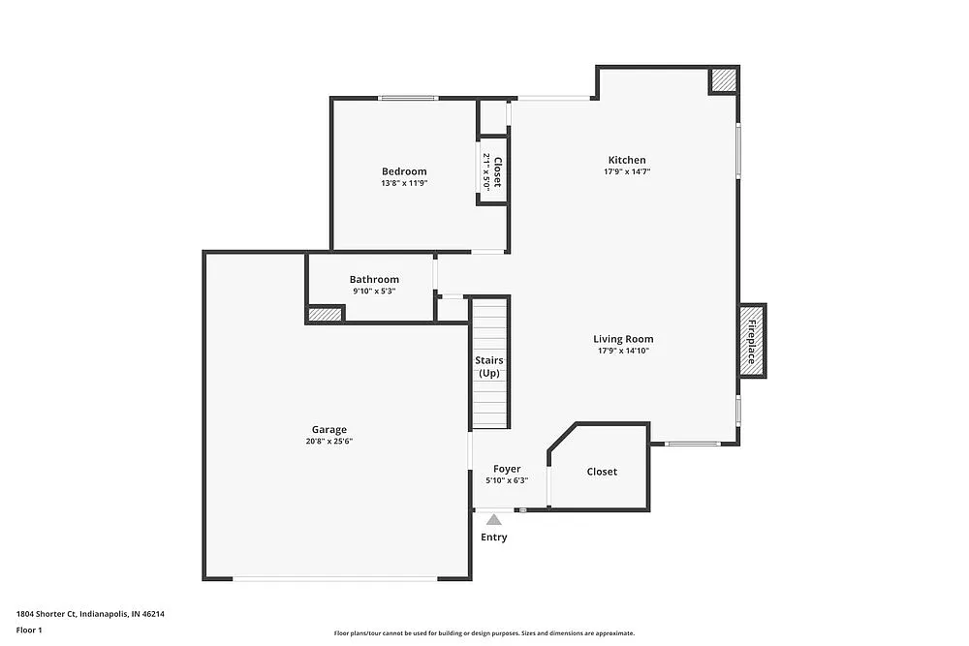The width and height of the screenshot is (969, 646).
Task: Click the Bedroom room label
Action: pos(404,171)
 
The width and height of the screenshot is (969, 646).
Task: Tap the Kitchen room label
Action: pos(627,160)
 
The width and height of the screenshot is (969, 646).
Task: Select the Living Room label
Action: pos(623,339)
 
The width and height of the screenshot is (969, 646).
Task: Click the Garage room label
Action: pos(328,430)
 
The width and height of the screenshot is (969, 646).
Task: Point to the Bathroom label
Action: pos(374,280)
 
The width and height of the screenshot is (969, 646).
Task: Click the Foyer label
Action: pos(507,469)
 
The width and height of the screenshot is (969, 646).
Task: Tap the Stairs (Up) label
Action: pos(488,367)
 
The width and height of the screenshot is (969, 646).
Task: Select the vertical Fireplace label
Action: pos(752,340)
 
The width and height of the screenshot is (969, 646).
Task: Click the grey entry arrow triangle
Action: pos(494,520)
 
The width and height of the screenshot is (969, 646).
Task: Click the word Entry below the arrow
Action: pos(494,538)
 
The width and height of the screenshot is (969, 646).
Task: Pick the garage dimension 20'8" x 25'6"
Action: pos(328,442)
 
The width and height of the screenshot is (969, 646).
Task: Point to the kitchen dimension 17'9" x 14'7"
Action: pos(627,172)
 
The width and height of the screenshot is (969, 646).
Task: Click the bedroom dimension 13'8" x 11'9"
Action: pos(404,183)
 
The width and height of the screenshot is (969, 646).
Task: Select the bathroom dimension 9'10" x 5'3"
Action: pos(374,292)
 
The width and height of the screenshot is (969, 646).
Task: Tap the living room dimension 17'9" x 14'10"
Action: pos(623,351)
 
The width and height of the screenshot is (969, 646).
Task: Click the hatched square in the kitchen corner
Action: pos(724,80)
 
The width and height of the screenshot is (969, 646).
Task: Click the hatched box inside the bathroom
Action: pos(326,314)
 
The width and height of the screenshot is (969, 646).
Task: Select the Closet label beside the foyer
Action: pos(602,472)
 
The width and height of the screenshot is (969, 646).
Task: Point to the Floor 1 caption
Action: pos(29,630)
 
